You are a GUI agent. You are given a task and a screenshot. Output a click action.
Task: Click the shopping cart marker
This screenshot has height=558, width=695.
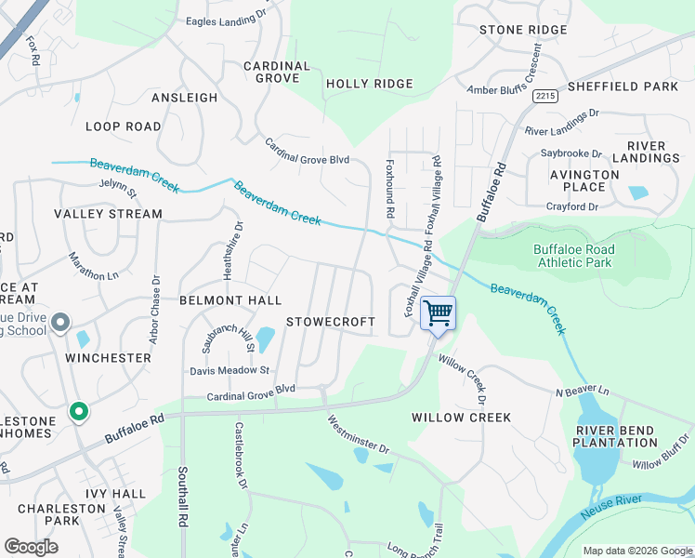[x=438, y=312]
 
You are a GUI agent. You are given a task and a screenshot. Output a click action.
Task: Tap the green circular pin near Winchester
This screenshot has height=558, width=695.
[x=79, y=410]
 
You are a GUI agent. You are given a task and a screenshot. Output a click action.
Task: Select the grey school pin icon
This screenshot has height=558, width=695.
[x=60, y=323]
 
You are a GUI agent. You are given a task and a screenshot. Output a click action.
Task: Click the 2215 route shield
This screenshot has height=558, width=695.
[x=545, y=96]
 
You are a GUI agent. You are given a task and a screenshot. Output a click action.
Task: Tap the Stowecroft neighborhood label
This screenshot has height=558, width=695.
[x=330, y=322]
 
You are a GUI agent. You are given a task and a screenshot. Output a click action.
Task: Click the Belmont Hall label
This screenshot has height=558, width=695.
[x=229, y=300]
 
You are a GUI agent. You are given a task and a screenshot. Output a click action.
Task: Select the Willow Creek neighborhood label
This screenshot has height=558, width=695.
[x=461, y=418]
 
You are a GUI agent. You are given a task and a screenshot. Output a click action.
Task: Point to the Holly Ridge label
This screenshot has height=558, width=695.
[x=369, y=84]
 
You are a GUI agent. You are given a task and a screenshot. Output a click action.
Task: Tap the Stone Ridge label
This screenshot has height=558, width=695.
[x=523, y=30]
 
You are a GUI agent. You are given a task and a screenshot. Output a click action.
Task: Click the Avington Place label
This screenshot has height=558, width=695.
[x=584, y=180]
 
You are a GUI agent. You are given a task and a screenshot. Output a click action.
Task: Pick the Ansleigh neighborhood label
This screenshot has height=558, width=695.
[x=184, y=97]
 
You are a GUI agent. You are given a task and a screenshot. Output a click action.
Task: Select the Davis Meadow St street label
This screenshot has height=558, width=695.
[x=229, y=370]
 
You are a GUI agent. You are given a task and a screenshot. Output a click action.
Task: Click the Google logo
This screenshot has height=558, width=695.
[x=31, y=546]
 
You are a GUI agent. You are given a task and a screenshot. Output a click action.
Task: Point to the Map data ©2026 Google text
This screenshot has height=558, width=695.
[x=636, y=551]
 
